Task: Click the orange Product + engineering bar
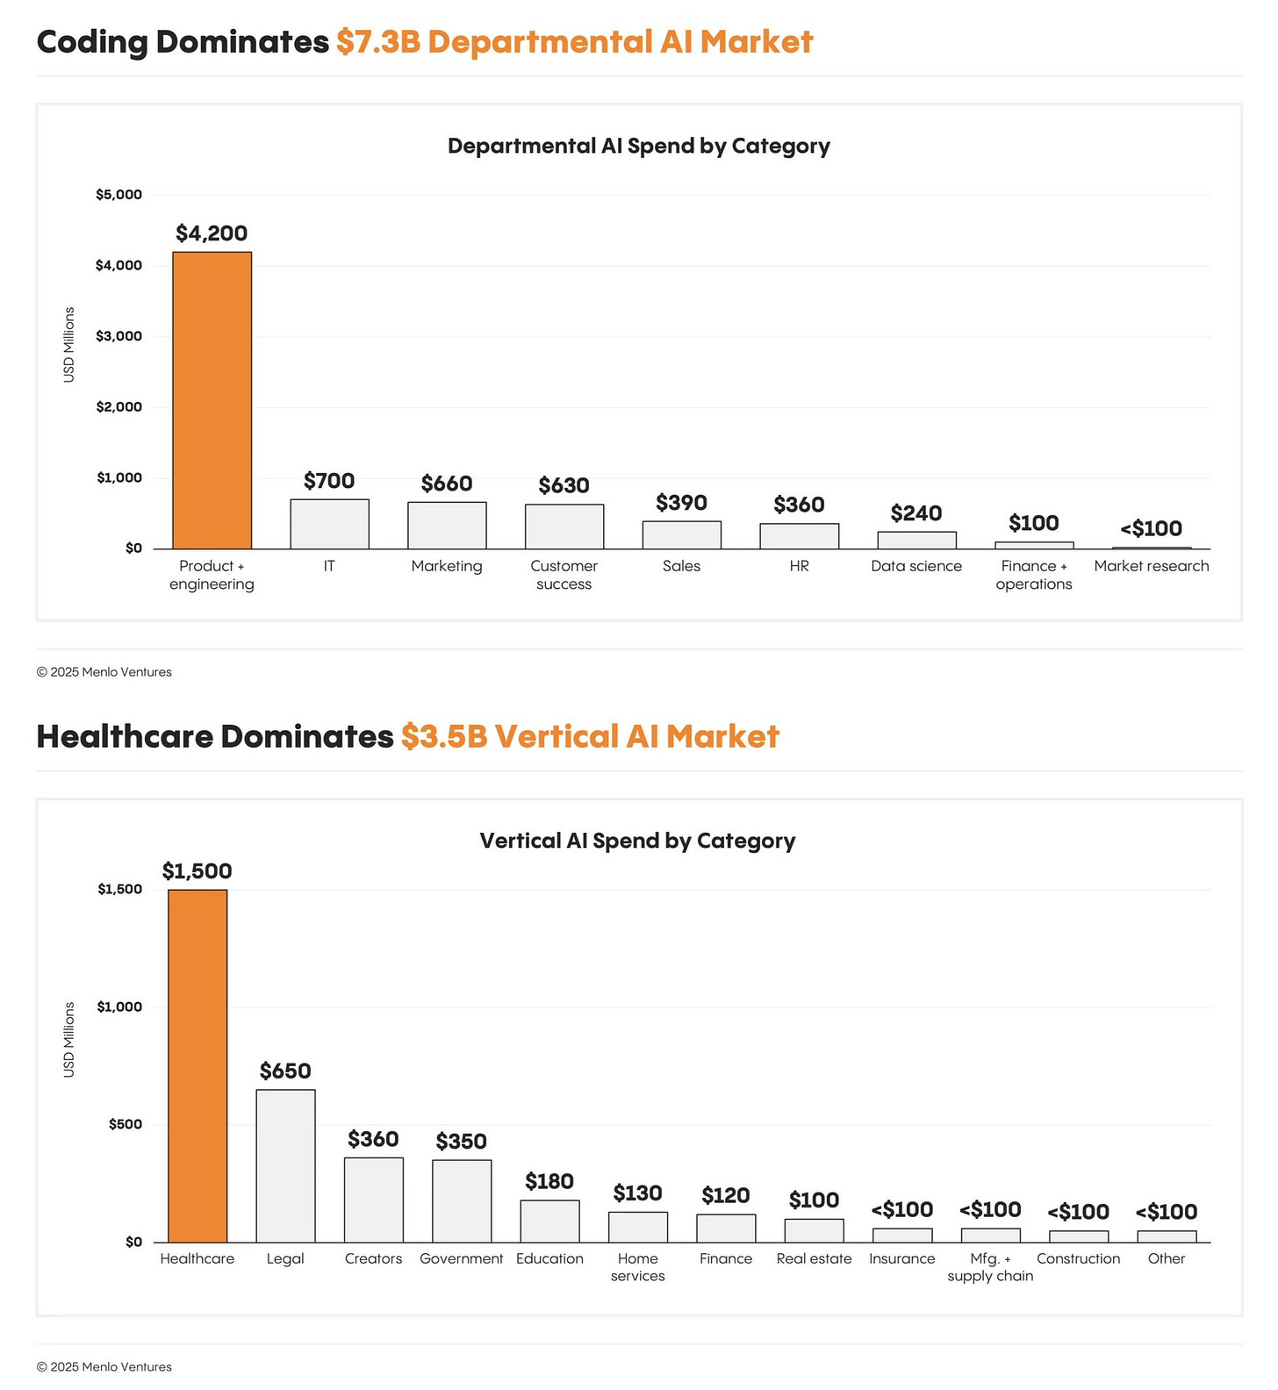[x=212, y=400]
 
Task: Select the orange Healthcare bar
[x=197, y=1065]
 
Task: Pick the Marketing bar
[x=447, y=526]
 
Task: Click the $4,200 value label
[x=212, y=233]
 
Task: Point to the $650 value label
[x=285, y=1071]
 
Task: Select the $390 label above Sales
[x=681, y=503]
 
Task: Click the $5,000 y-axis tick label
[x=118, y=195]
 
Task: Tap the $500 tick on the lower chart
[x=125, y=1124]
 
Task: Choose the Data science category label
[x=916, y=566]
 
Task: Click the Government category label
[x=461, y=1258]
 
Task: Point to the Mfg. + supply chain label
[x=990, y=1267]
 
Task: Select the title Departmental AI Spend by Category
[x=638, y=146]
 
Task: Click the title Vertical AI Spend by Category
[x=637, y=841]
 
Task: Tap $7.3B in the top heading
[x=378, y=42]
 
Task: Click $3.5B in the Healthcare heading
[x=443, y=736]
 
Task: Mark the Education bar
[x=549, y=1221]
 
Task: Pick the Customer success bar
[x=564, y=527]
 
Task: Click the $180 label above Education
[x=549, y=1181]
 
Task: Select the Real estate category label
[x=814, y=1258]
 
